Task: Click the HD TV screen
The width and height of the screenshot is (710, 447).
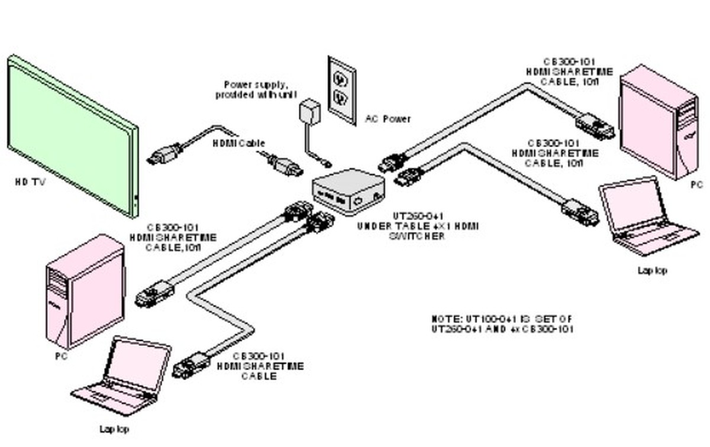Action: tap(71, 133)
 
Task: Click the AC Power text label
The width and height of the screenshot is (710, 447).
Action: tap(388, 119)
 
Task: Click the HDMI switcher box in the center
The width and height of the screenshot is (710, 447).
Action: tap(347, 189)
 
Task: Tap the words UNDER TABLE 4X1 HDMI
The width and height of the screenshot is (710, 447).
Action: tap(418, 226)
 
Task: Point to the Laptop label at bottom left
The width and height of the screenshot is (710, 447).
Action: tap(114, 429)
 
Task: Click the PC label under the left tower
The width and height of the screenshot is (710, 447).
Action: tap(60, 357)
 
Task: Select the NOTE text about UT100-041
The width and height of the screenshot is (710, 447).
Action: tap(502, 323)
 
